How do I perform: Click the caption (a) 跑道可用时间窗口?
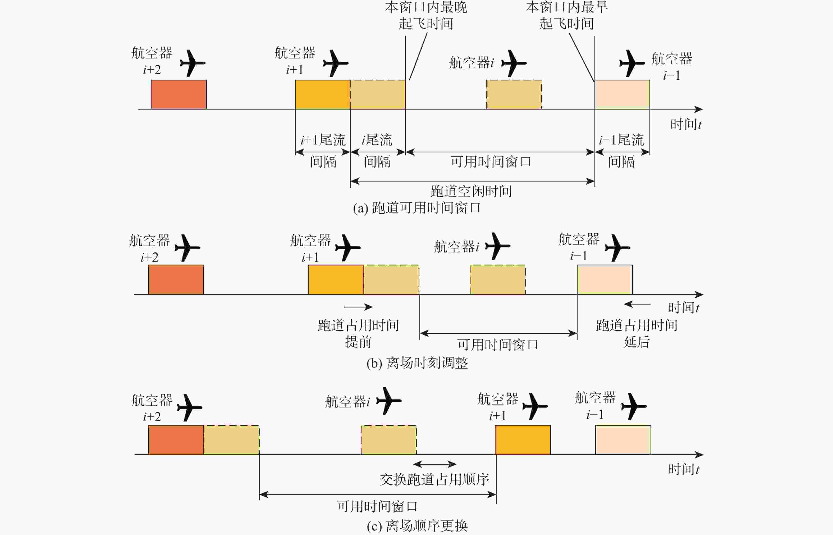tap(417, 208)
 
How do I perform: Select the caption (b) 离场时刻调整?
tap(417, 363)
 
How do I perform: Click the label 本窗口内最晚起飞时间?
tap(426, 15)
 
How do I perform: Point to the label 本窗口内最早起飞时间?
tap(566, 15)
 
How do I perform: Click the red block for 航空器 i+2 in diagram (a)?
tap(178, 94)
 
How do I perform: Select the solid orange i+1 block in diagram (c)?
tap(523, 440)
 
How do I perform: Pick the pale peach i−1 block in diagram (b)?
tap(605, 280)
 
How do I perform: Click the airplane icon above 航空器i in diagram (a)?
tap(513, 63)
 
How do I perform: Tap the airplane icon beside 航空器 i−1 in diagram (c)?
tap(633, 406)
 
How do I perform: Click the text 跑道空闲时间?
tap(471, 191)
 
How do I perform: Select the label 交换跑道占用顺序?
tap(434, 479)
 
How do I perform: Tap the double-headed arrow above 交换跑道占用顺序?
tap(434, 464)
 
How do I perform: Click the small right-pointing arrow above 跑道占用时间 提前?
tap(358, 307)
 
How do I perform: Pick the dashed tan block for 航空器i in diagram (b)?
tap(497, 280)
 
